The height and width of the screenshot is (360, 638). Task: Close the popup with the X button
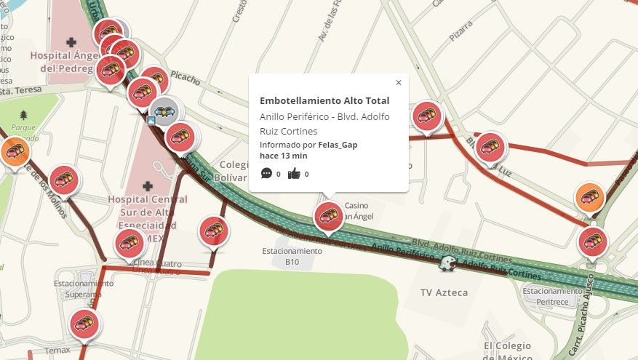[x=398, y=83]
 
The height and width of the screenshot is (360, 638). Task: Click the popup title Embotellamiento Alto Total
[x=324, y=101]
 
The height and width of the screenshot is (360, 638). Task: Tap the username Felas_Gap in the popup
[x=338, y=145]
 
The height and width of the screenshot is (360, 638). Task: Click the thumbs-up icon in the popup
[x=294, y=173]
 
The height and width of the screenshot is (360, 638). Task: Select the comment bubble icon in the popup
[x=266, y=173]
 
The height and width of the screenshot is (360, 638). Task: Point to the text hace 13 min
[x=284, y=156]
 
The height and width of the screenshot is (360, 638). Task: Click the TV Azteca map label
[x=444, y=292]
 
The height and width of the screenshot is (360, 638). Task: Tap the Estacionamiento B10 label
[x=292, y=255]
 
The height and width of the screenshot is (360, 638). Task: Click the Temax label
[x=57, y=351]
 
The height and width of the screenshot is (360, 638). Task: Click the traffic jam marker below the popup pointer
[x=328, y=216]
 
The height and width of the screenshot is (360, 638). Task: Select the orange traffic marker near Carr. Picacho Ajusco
[x=589, y=196]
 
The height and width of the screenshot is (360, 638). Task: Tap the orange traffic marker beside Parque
[x=14, y=151]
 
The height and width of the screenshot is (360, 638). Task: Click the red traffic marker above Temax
[x=84, y=322]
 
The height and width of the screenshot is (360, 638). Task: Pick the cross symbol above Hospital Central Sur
[x=148, y=186]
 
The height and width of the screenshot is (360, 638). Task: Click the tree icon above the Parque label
[x=24, y=115]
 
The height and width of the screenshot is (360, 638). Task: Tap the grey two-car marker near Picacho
[x=165, y=111]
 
